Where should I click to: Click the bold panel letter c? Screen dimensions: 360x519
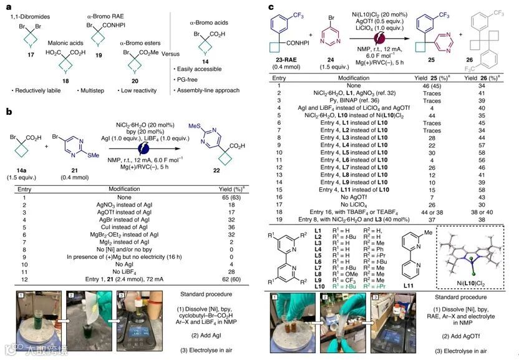[x=271, y=7]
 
